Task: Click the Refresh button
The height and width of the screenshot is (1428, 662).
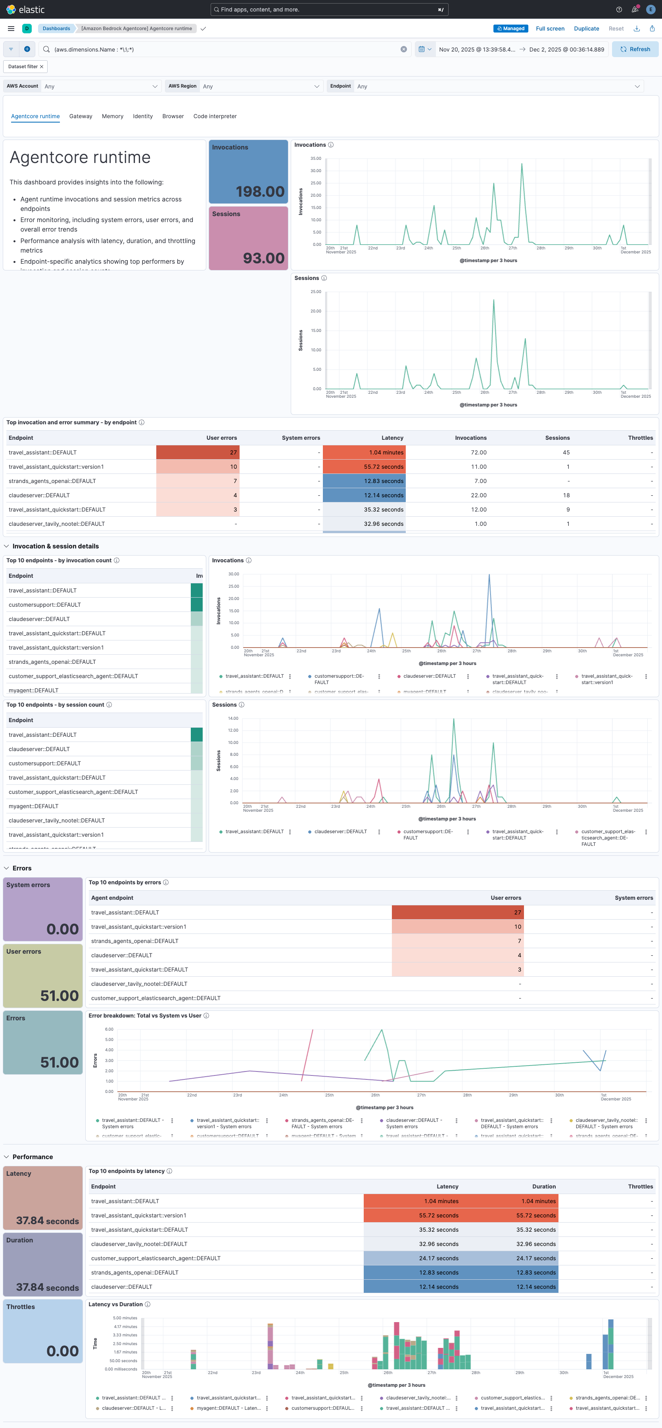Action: [635, 49]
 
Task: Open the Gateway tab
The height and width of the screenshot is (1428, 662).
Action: [81, 117]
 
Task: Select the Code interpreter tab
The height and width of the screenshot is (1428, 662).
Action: [215, 117]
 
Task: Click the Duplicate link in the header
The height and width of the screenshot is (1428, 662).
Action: [586, 29]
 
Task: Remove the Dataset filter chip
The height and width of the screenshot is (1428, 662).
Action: [42, 67]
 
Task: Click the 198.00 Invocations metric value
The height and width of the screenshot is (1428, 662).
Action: [259, 192]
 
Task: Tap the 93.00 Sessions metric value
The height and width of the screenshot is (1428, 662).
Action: [263, 258]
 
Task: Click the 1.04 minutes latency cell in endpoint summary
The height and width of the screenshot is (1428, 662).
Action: [386, 453]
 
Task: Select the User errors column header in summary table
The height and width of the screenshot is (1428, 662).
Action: [221, 438]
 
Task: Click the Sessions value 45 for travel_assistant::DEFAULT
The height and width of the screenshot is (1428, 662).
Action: [566, 453]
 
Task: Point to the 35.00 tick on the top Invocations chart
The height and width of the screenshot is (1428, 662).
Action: [315, 159]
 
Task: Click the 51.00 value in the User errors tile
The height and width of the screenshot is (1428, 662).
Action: [59, 996]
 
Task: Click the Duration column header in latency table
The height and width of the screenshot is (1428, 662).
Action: [543, 1187]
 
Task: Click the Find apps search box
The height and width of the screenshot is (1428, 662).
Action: [329, 10]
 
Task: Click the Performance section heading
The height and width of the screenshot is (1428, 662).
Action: [33, 1157]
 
